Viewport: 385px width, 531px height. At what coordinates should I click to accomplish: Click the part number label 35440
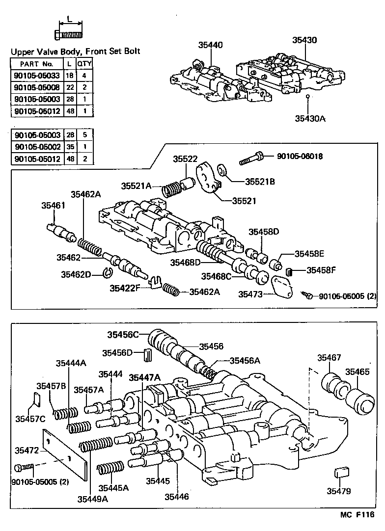click(210, 45)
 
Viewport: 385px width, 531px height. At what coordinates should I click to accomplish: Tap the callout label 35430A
click(310, 118)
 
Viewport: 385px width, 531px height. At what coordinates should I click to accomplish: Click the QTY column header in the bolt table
click(85, 64)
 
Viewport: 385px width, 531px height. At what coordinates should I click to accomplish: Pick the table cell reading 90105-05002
click(37, 146)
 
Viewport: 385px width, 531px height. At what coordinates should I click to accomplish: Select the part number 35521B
click(260, 182)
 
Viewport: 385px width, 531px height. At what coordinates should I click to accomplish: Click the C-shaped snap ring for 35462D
click(109, 272)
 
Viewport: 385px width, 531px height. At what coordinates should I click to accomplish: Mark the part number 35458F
click(322, 270)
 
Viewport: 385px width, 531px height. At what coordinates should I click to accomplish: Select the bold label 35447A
click(144, 377)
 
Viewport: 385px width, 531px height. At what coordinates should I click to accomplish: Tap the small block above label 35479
click(341, 473)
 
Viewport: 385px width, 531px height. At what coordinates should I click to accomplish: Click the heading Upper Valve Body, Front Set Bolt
click(75, 51)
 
